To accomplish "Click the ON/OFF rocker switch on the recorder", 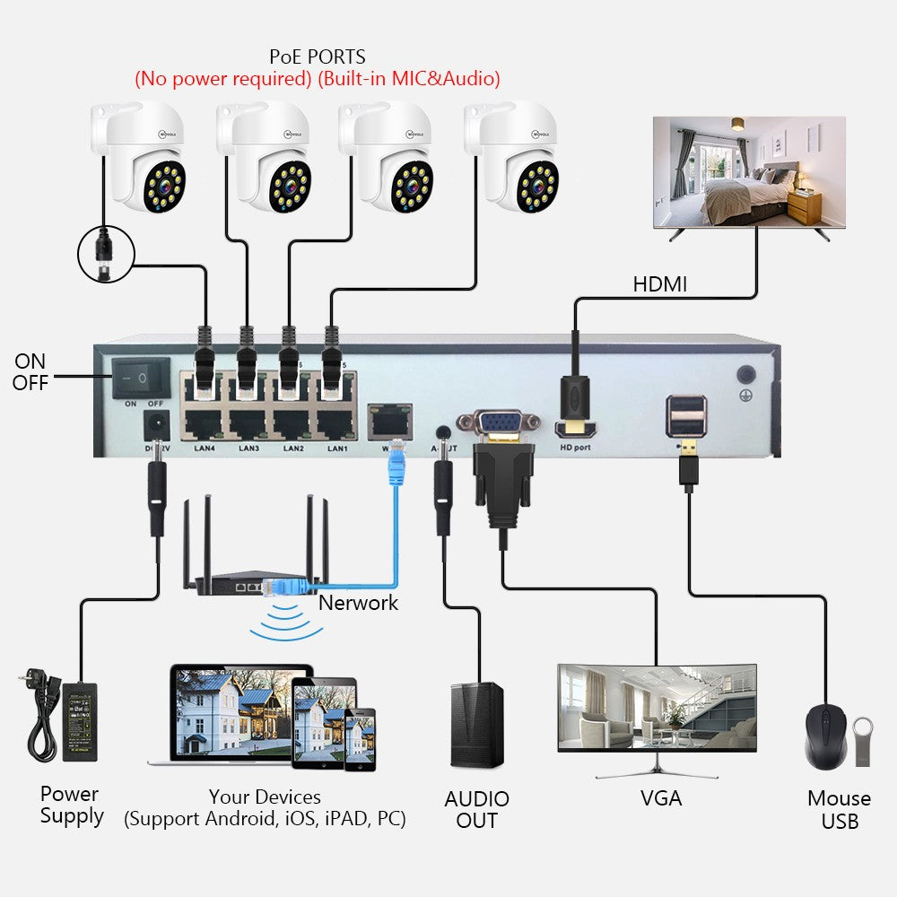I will click(140, 378).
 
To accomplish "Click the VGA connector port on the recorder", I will click(498, 422).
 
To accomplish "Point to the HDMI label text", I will click(659, 284).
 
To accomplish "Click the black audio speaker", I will click(476, 726).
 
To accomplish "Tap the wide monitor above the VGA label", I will click(657, 709).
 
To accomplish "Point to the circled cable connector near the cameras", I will click(106, 253).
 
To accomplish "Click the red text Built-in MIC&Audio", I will click(408, 79).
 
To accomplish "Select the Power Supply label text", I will click(71, 805).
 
